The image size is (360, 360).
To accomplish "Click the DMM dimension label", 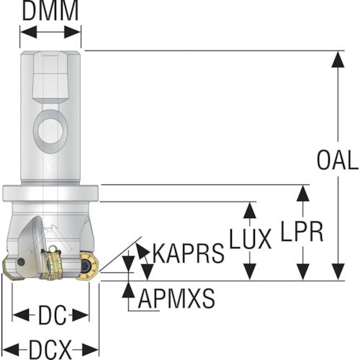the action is [x=50, y=11].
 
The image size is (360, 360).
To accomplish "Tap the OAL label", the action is [x=338, y=160].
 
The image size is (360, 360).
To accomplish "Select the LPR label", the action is [x=302, y=231].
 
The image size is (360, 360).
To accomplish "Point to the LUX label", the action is [x=251, y=238].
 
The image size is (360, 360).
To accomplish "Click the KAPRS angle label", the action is [x=189, y=253].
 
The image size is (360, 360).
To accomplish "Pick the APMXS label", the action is [x=176, y=298].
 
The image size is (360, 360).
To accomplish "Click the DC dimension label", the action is [x=53, y=315].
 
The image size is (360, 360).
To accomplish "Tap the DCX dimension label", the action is [x=50, y=349].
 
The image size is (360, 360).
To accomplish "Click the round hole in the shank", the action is [x=50, y=131].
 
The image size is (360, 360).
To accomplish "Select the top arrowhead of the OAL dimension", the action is [x=338, y=59].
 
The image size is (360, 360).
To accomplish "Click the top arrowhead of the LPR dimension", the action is [x=302, y=194].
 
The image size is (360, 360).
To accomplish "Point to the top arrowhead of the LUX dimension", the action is [x=250, y=210].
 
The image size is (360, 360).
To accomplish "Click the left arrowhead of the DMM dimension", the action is [x=28, y=32].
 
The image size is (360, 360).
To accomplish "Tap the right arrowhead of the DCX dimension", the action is [x=91, y=349].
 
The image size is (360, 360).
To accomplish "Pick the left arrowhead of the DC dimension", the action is [x=21, y=315].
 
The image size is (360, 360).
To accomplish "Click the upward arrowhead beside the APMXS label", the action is [x=128, y=289].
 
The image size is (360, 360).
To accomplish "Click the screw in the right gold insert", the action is [x=86, y=266].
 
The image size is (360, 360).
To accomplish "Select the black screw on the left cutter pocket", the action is [x=21, y=261].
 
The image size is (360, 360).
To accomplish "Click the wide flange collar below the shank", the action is [x=50, y=193].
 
